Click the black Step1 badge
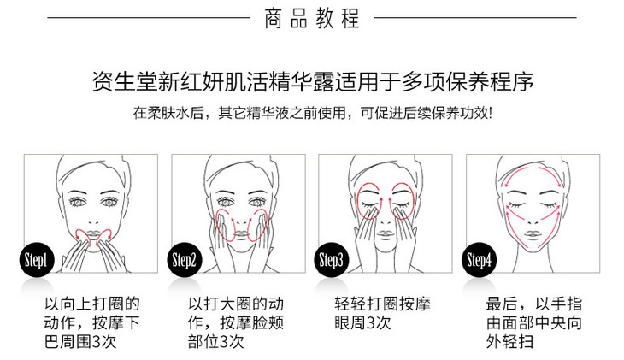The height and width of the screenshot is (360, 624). [37, 260]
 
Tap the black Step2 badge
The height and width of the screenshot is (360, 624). [185, 260]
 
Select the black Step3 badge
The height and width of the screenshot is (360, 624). [332, 260]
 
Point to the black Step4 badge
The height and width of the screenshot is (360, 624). [480, 260]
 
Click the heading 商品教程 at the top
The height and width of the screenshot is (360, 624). [312, 18]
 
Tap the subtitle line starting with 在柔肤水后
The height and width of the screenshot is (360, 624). [312, 113]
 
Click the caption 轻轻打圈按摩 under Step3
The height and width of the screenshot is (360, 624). [382, 304]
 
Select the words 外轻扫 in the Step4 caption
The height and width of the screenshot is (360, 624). [509, 341]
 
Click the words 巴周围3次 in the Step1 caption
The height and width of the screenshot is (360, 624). [80, 341]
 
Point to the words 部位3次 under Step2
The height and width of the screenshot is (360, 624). [215, 341]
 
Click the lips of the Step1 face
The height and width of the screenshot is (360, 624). [92, 234]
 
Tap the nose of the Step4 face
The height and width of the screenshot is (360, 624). [533, 221]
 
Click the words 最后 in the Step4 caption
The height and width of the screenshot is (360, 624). [502, 304]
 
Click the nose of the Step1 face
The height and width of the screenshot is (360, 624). [93, 221]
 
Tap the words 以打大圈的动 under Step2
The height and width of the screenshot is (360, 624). [236, 304]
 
